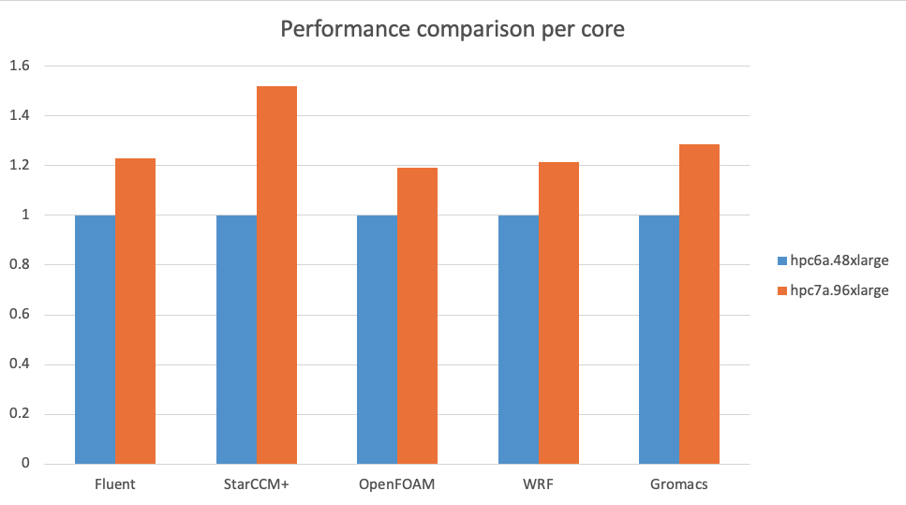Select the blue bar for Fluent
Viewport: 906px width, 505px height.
click(x=95, y=339)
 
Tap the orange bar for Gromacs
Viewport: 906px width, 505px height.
click(x=699, y=304)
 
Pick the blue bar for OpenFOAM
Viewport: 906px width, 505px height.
click(x=377, y=339)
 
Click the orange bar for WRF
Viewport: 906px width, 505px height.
click(x=558, y=313)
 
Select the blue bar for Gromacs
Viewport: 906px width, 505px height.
click(x=659, y=339)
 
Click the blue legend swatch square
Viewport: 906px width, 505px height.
click(x=782, y=260)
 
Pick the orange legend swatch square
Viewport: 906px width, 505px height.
click(x=782, y=290)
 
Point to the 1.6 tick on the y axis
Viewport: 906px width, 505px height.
click(x=20, y=67)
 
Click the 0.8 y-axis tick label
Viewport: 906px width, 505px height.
click(x=20, y=265)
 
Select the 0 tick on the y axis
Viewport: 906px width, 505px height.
click(x=25, y=464)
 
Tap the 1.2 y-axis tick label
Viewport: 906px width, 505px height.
click(x=20, y=166)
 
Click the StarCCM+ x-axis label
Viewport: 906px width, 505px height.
click(x=256, y=485)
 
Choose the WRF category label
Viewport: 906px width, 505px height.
click(x=538, y=485)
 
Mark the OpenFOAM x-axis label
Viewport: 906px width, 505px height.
click(x=397, y=485)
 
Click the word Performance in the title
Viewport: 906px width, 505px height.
click(x=338, y=30)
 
